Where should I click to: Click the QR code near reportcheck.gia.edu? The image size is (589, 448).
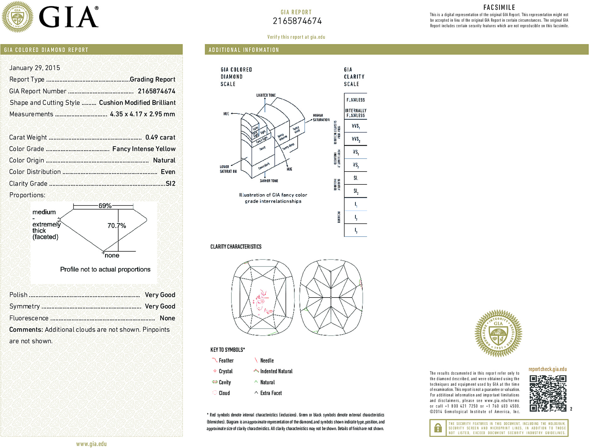548,393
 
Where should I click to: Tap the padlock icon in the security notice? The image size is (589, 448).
438,428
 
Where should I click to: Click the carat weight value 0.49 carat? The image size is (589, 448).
160,137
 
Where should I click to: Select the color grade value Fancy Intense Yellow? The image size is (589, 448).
144,149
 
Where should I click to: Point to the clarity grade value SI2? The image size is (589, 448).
170,183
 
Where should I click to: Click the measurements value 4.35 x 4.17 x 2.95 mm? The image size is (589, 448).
142,114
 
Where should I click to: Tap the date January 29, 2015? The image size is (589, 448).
35,68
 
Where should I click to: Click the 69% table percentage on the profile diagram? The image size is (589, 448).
105,206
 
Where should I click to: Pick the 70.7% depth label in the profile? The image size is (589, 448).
116,226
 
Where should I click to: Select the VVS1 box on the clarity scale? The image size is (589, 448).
356,126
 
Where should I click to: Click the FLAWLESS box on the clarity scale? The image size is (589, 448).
356,100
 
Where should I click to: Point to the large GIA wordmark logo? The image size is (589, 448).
68,17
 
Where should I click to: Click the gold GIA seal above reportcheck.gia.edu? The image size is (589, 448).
498,333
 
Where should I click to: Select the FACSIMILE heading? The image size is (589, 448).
499,7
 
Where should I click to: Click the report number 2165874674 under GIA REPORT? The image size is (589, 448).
297,21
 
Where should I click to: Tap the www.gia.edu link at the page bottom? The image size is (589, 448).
92,444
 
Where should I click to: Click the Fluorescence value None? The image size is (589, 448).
167,318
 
